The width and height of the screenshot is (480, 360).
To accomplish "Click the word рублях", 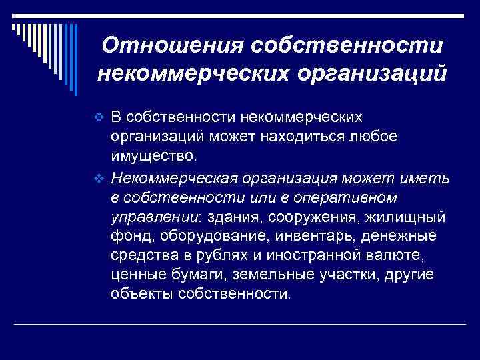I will (225, 256).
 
